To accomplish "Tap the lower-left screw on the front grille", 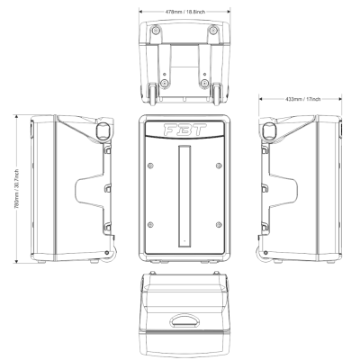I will tap(149, 223).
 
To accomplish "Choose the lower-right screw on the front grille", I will tap(219, 223).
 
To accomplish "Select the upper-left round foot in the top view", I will tap(157, 30).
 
